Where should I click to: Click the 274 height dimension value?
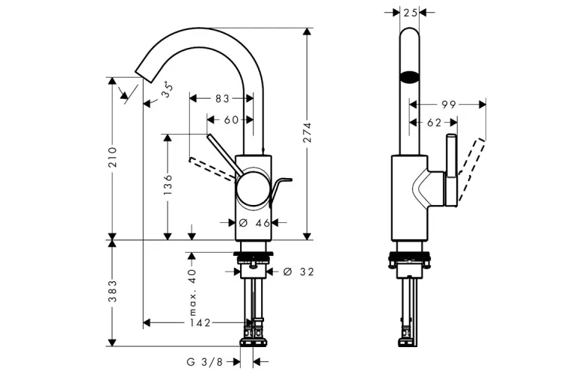click(x=307, y=132)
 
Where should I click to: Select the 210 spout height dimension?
click(x=113, y=157)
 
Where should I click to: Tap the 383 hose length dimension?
click(x=113, y=291)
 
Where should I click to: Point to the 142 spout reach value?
click(x=200, y=323)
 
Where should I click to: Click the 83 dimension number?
click(x=222, y=99)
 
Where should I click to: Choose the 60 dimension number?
click(x=231, y=120)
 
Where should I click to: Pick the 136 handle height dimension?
click(x=168, y=185)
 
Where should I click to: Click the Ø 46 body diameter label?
click(x=254, y=223)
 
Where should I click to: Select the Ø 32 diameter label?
click(x=298, y=272)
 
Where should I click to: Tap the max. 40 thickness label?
click(x=193, y=292)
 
